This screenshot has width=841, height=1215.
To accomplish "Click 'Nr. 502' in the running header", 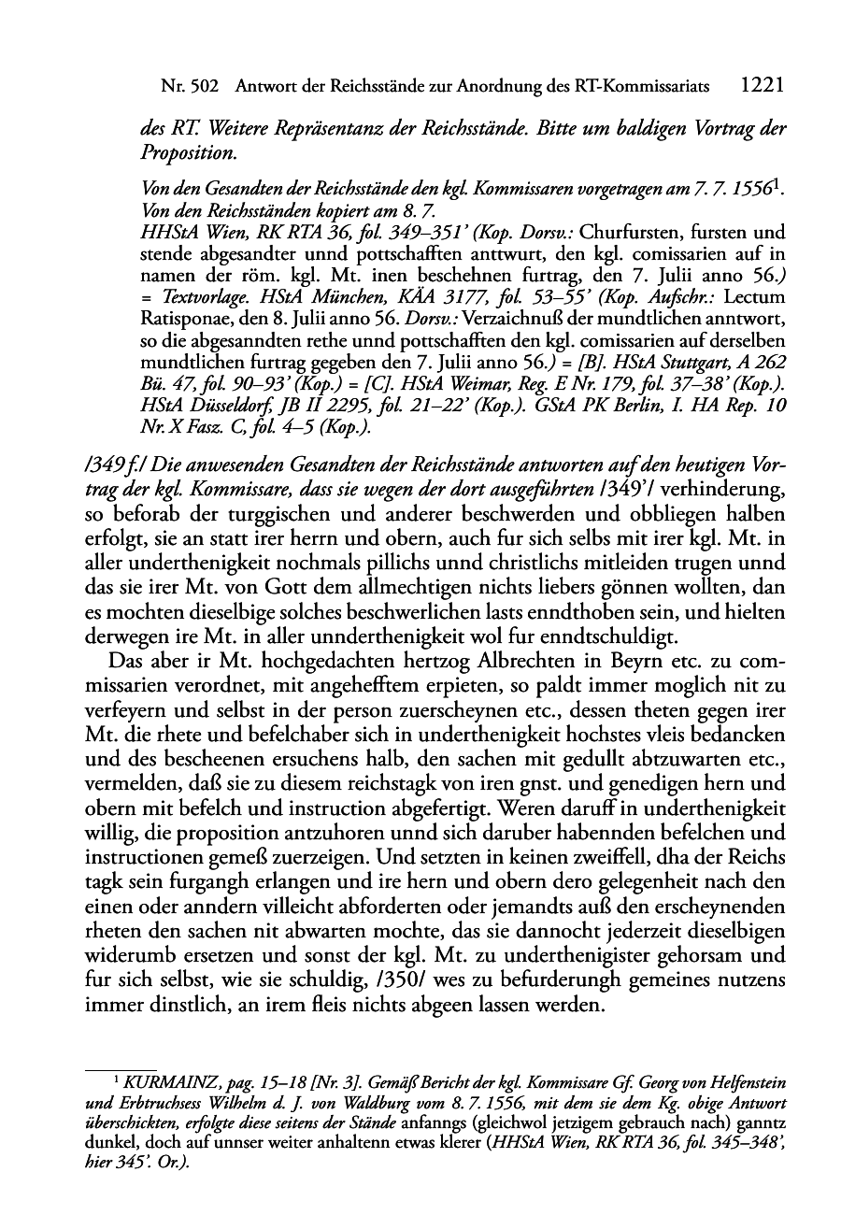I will [x=190, y=88].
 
